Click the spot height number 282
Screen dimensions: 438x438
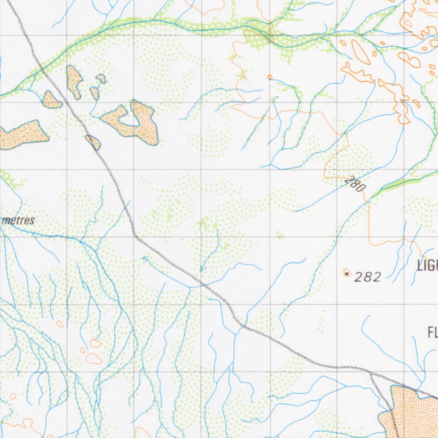[x=368, y=277]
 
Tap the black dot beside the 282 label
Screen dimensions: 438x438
[x=346, y=272]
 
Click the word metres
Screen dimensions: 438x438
[x=18, y=221]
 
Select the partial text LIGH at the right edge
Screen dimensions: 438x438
[x=427, y=266]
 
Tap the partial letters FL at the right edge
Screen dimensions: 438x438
[x=432, y=332]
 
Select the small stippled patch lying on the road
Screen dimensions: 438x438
[x=93, y=142]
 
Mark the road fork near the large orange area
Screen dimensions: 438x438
[x=371, y=373]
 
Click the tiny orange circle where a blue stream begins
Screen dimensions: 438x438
[x=269, y=77]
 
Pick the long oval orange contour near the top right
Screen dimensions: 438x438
[x=361, y=52]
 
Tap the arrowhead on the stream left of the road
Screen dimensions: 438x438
[x=145, y=258]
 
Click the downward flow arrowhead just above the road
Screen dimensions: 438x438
[x=201, y=269]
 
